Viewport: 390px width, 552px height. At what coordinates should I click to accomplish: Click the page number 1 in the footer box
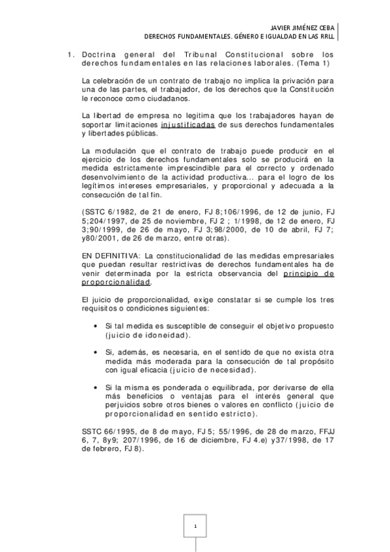[x=195, y=525]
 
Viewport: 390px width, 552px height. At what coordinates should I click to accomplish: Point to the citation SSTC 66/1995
[x=102, y=430]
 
